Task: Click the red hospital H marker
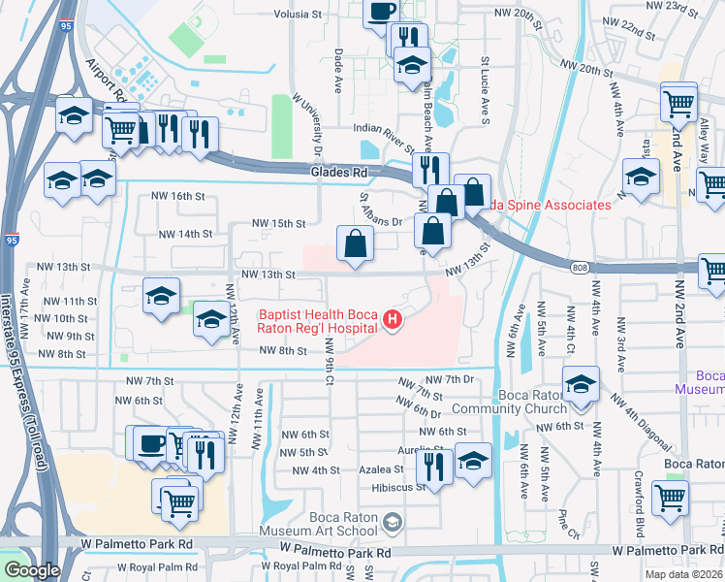(393, 319)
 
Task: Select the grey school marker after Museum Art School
(392, 525)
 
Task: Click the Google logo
(31, 570)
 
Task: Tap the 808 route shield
(579, 268)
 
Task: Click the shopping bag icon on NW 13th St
(356, 244)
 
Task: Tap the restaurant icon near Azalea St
(434, 467)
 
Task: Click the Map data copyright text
(684, 574)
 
